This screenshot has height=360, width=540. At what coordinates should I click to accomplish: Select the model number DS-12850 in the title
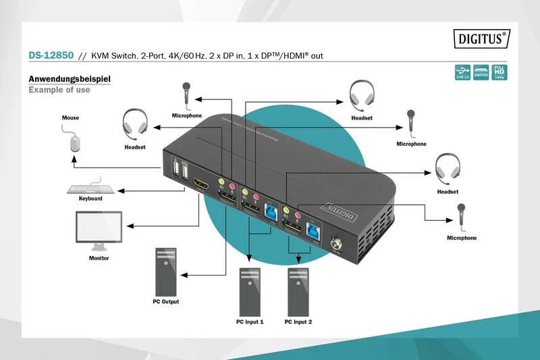[x=51, y=55]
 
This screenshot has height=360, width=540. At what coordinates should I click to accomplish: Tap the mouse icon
[x=74, y=142]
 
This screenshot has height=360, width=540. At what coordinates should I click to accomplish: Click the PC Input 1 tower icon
[x=250, y=290]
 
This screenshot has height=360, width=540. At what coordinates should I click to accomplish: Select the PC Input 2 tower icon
[x=298, y=290]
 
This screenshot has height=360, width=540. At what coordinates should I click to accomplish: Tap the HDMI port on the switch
[x=201, y=183]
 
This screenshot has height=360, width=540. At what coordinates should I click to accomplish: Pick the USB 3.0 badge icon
[x=462, y=72]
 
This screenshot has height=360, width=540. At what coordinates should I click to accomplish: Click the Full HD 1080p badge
[x=499, y=72]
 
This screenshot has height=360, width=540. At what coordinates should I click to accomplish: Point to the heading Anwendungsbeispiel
[x=69, y=78]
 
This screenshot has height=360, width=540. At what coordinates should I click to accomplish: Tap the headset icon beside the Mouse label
[x=135, y=124]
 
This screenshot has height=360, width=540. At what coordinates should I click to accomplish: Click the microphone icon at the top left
[x=186, y=95]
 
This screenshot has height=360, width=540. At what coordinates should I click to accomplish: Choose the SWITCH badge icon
[x=481, y=72]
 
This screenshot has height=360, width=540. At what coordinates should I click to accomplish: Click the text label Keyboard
[x=90, y=199]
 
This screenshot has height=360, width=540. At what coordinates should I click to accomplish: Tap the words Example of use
[x=59, y=90]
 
